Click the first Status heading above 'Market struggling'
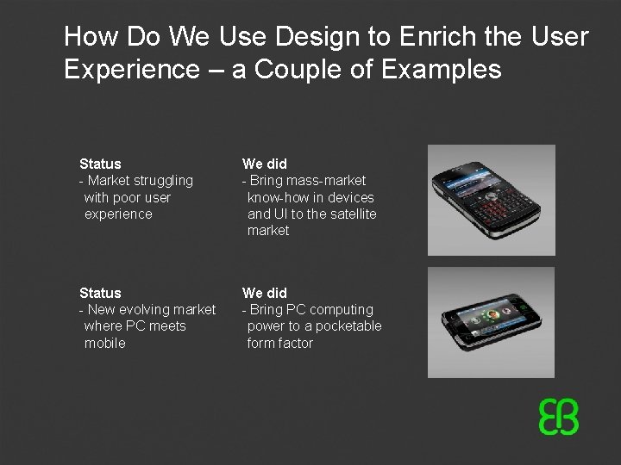pos(100,164)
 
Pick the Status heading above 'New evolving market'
pos(100,293)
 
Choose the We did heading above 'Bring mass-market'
pos(265,164)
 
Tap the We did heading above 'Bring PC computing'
pos(265,293)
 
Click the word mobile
pos(105,343)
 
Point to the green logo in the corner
pos(558,417)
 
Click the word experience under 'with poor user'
pos(118,214)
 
